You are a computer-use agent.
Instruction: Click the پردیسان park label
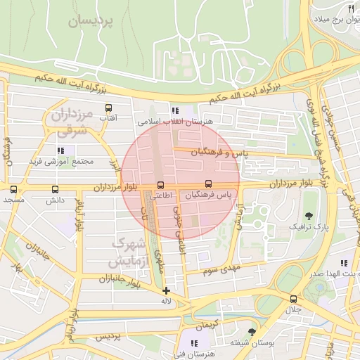click(91, 21)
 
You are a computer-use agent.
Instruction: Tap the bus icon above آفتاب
click(108, 108)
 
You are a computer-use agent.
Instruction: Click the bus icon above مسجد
click(13, 189)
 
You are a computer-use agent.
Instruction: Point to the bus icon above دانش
click(55, 189)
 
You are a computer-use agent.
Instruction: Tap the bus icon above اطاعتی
click(161, 185)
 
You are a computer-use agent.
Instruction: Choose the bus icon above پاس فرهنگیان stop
click(206, 184)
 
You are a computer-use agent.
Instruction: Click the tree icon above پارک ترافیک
click(309, 215)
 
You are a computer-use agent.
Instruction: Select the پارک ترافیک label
click(309, 227)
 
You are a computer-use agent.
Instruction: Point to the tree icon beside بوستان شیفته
click(252, 331)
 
